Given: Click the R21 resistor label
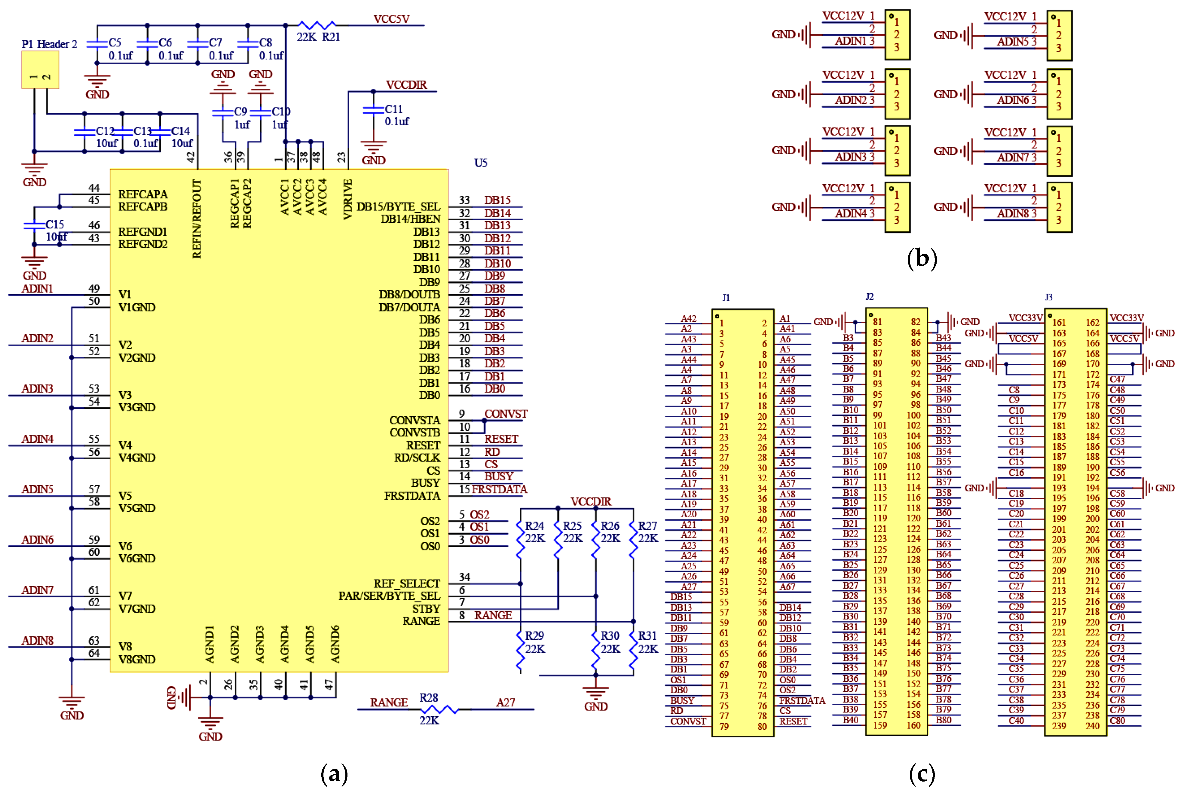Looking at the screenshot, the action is (331, 37).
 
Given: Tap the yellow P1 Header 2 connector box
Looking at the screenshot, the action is (40, 69).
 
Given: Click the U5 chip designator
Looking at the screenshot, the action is (481, 163).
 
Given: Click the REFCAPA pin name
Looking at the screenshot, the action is (142, 194).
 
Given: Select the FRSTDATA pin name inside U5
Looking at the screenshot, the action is (412, 496).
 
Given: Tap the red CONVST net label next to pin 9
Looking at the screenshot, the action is (506, 414).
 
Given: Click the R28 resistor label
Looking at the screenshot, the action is (429, 698).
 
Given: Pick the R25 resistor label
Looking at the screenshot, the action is (572, 526).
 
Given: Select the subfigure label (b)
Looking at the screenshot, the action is (922, 259).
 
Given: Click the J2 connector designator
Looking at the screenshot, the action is (870, 296).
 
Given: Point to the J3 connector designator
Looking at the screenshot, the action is (1048, 297).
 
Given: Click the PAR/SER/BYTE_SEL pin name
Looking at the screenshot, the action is (389, 596).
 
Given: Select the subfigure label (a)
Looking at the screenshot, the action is (335, 774).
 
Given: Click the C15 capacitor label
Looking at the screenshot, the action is (55, 224).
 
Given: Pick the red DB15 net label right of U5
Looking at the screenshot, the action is (497, 200).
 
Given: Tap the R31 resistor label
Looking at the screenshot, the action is (647, 635).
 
